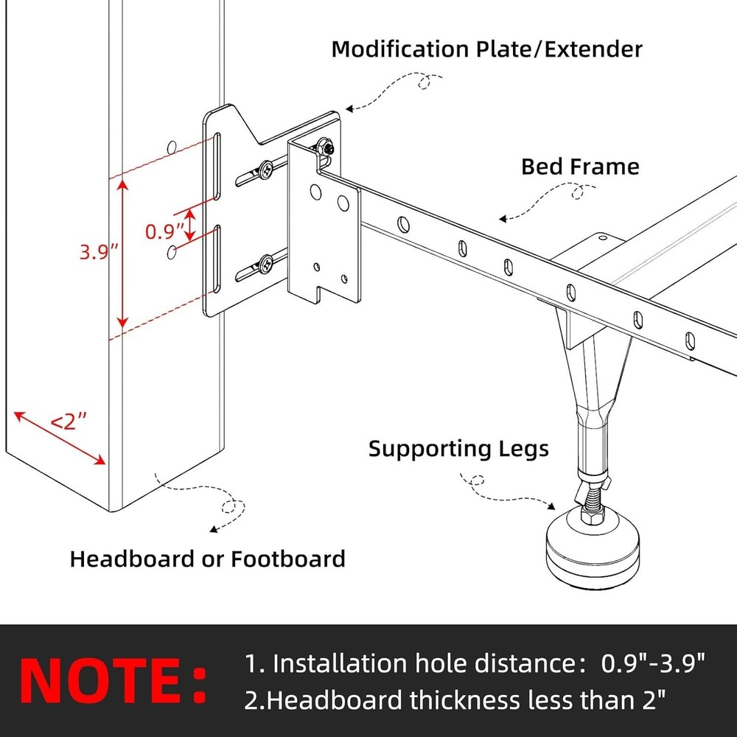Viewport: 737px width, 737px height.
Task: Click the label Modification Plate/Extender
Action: coord(486,49)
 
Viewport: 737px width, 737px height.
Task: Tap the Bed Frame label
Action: coord(580,166)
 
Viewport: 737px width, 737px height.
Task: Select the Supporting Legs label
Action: coord(458,448)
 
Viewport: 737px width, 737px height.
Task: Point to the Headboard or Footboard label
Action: coord(207,559)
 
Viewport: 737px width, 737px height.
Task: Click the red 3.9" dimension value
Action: coord(99,252)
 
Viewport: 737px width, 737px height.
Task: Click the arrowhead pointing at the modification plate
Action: coord(349,109)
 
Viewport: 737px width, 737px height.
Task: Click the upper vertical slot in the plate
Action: coord(218,167)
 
